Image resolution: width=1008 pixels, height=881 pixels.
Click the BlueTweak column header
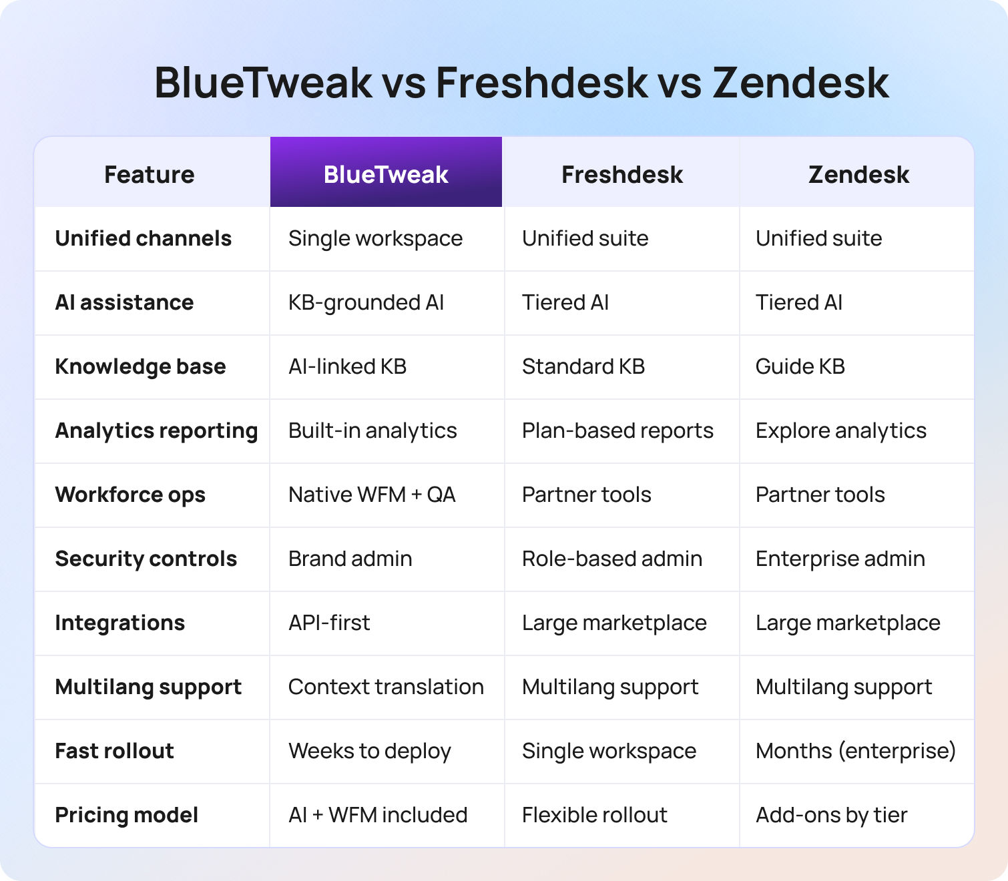386,174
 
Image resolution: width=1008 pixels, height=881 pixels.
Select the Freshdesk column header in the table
621,174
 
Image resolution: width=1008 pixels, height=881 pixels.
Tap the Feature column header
150,174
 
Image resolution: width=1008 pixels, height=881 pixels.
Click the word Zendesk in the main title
800,83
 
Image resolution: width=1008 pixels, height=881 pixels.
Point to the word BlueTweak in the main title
263,83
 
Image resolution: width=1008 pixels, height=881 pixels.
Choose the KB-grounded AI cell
366,302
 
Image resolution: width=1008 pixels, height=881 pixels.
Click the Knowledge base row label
140,366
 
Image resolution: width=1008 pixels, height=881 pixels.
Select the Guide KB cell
800,366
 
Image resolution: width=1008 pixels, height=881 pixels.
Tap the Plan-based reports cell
617,430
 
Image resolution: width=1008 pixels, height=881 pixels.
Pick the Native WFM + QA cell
372,495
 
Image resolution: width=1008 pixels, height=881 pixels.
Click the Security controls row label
146,559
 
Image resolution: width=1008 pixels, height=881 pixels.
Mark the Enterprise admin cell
840,559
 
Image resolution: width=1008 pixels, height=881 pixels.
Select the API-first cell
329,623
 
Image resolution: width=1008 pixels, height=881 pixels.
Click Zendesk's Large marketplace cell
848,623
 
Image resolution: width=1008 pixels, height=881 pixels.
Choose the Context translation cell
386,687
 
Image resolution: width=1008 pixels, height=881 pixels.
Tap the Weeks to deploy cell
370,751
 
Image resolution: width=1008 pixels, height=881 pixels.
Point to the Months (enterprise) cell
855,751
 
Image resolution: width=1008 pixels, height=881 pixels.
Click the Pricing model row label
126,815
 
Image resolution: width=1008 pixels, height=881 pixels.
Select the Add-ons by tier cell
831,815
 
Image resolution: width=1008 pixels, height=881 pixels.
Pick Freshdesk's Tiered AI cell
565,302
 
